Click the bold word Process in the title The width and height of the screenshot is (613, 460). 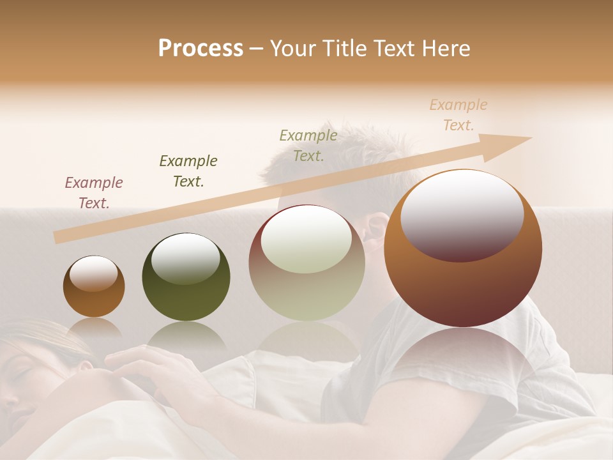pos(201,49)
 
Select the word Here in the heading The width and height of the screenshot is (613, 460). pos(444,49)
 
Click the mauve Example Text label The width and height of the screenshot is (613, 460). pos(94,192)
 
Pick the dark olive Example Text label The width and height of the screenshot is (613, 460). pos(188,171)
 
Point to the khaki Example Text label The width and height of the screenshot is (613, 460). pos(308,145)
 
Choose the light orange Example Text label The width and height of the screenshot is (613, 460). pos(458,115)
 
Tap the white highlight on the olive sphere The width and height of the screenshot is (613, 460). pos(185,257)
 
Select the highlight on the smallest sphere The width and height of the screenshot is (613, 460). pos(94,273)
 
